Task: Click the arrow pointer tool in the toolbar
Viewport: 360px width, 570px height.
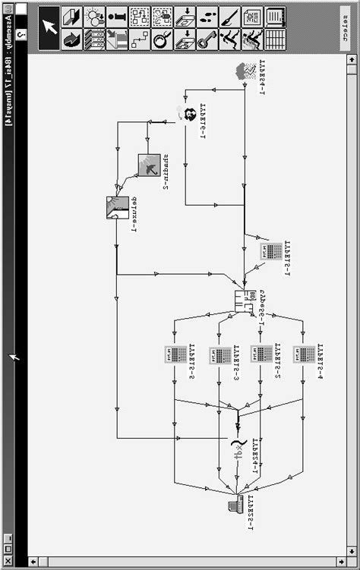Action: coord(49,27)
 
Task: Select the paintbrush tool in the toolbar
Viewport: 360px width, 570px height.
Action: coord(229,17)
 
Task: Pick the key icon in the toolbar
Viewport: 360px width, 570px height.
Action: coord(207,39)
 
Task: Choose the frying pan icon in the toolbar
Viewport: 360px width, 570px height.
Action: coord(161,39)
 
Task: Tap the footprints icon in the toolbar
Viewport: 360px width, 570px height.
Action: coord(206,17)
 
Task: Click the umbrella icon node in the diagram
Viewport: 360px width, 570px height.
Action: coord(147,165)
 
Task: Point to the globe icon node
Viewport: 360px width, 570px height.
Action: coord(185,113)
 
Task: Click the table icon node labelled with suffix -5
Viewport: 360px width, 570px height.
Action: coord(175,354)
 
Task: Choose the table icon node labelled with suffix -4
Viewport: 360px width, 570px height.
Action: coord(305,354)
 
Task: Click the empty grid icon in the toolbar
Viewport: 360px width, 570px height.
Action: coord(275,39)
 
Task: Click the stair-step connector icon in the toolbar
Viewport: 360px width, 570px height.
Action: coord(138,39)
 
